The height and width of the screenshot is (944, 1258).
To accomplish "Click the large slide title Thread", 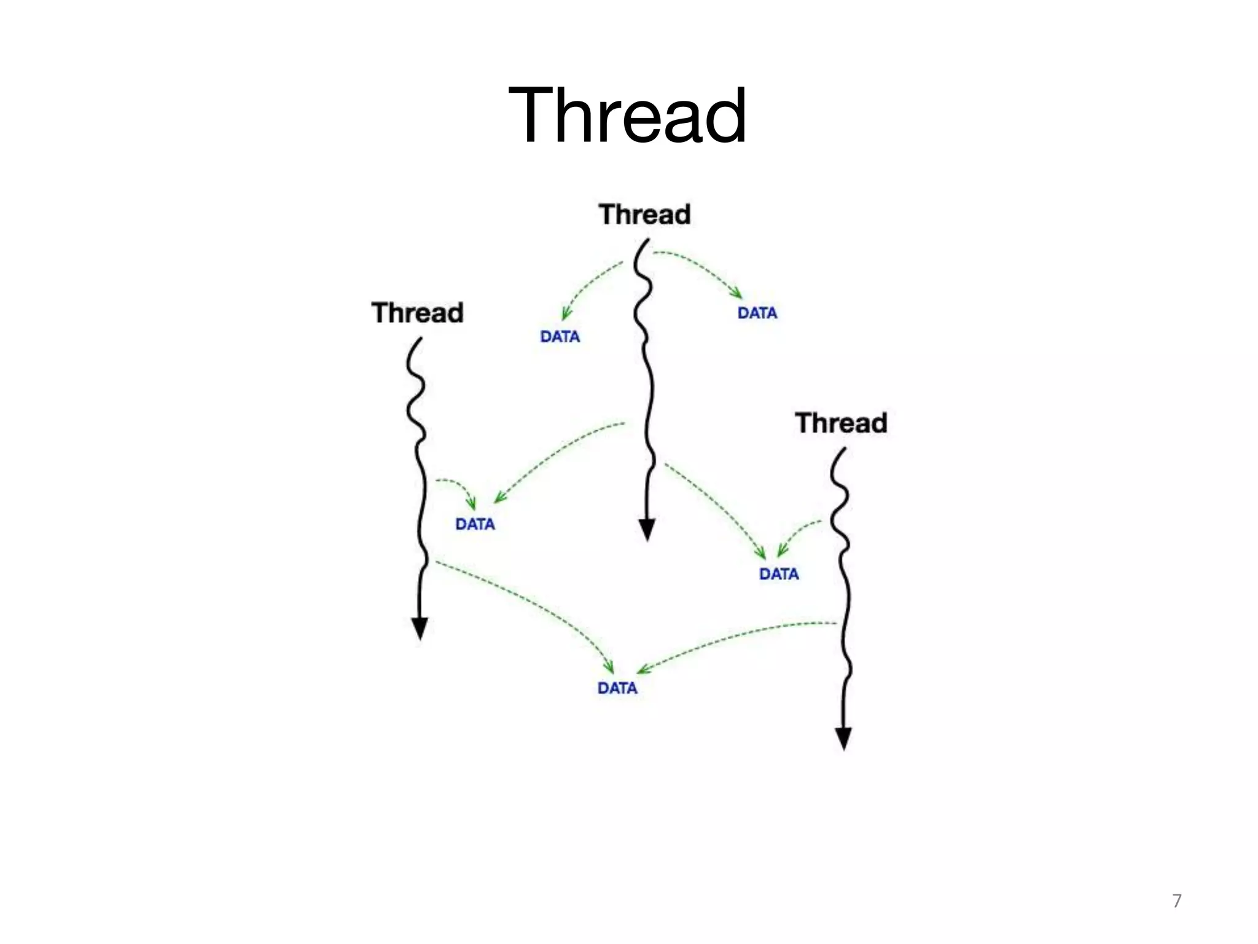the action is pyautogui.click(x=628, y=116).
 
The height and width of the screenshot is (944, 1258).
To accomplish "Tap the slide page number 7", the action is pyautogui.click(x=1176, y=900).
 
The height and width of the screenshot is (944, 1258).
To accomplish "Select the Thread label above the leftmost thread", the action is pyautogui.click(x=417, y=313).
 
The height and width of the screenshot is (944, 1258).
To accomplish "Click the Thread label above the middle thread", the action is pyautogui.click(x=644, y=214).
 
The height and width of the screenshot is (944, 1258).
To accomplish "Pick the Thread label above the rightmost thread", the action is pyautogui.click(x=841, y=423).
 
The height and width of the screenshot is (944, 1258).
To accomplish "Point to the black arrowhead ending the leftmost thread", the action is pyautogui.click(x=420, y=628).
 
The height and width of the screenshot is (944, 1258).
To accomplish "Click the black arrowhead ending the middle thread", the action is pyautogui.click(x=647, y=529).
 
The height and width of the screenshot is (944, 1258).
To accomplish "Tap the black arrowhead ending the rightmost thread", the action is pyautogui.click(x=843, y=737).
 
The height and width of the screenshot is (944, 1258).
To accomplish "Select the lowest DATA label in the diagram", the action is pyautogui.click(x=617, y=688).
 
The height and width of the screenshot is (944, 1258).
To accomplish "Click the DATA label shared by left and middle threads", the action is pyautogui.click(x=475, y=524).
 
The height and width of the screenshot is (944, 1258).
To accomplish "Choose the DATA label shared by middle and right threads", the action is pyautogui.click(x=779, y=574).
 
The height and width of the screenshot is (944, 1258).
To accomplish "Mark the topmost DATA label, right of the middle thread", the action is pyautogui.click(x=757, y=313).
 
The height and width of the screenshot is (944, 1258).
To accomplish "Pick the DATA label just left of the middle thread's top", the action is pyautogui.click(x=560, y=337).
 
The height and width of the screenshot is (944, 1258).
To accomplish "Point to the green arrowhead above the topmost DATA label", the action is pyautogui.click(x=736, y=293).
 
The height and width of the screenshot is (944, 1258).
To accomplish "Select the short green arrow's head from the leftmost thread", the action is pyautogui.click(x=471, y=504).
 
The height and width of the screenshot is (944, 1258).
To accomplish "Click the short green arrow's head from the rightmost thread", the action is pyautogui.click(x=782, y=551).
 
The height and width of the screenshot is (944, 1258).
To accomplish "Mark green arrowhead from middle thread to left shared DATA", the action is pyautogui.click(x=499, y=498).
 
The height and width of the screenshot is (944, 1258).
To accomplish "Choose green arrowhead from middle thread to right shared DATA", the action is pyautogui.click(x=761, y=553).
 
